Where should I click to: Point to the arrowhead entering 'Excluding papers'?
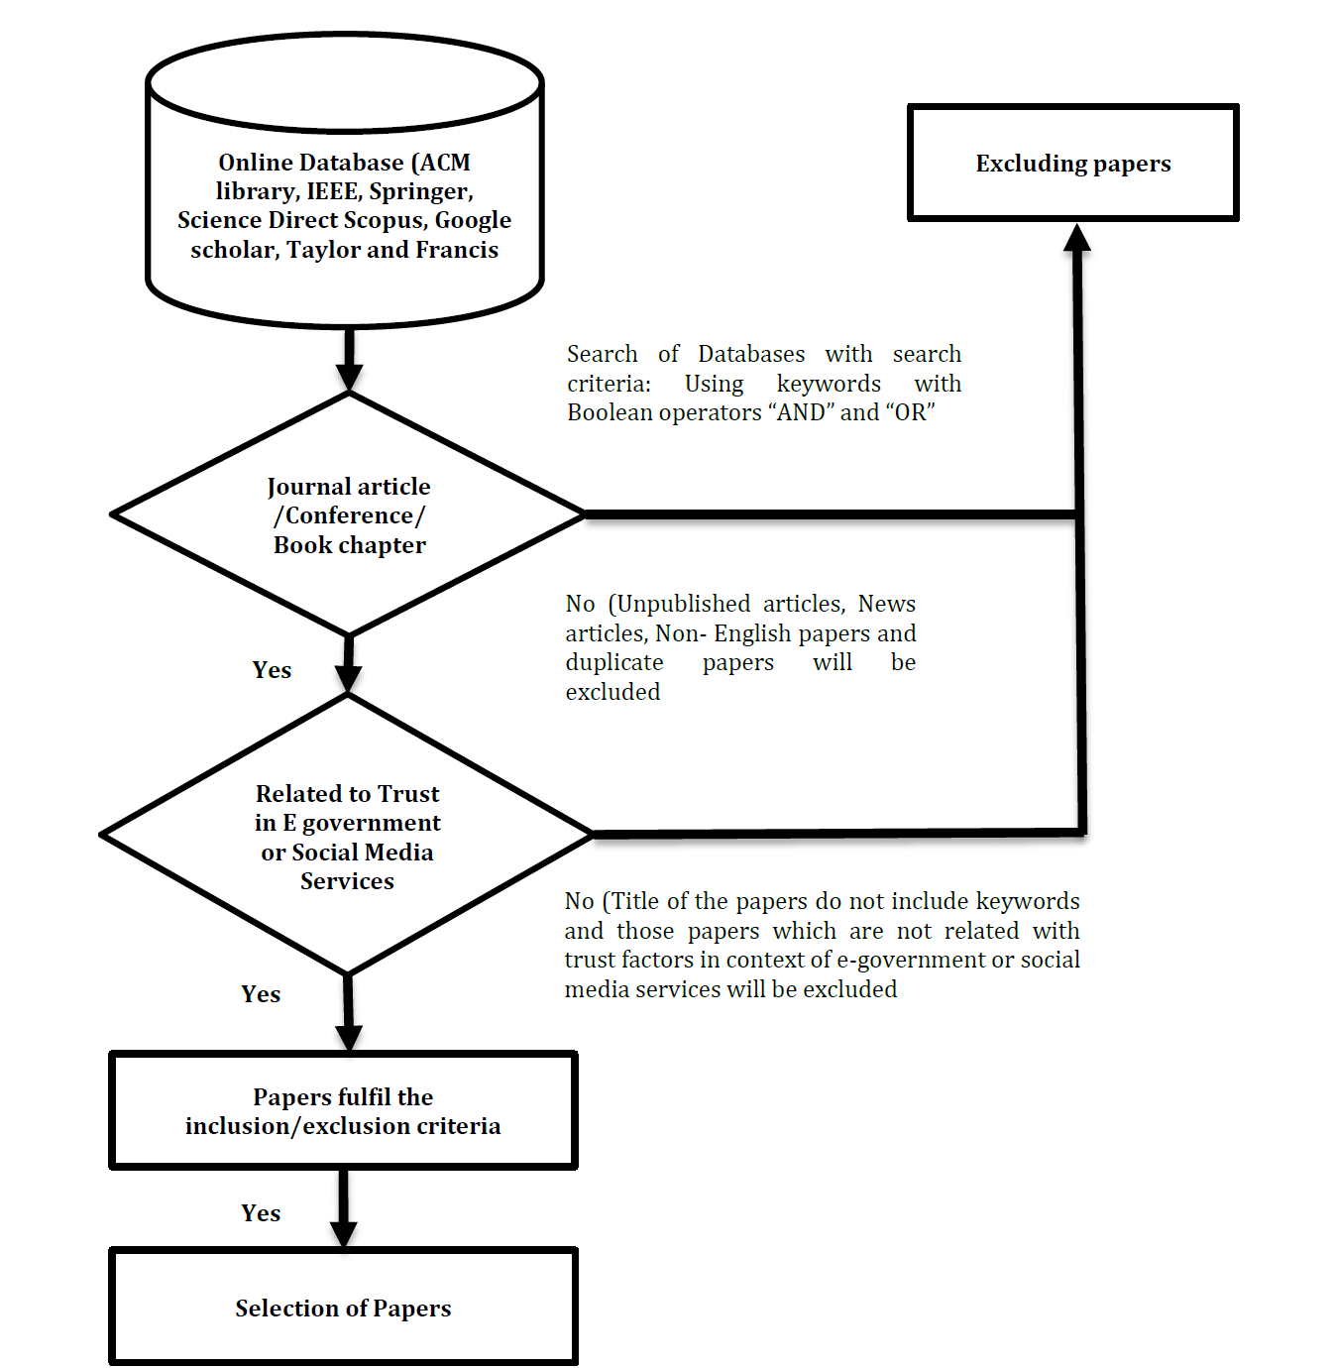click(x=1076, y=238)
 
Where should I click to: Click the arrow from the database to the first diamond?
click(x=349, y=360)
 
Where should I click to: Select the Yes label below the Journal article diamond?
click(x=273, y=670)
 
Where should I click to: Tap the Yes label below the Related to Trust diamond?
click(x=261, y=994)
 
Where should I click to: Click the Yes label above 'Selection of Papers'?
click(x=261, y=1212)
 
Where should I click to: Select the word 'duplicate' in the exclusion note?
click(x=614, y=663)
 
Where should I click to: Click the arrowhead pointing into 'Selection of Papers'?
click(x=343, y=1234)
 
